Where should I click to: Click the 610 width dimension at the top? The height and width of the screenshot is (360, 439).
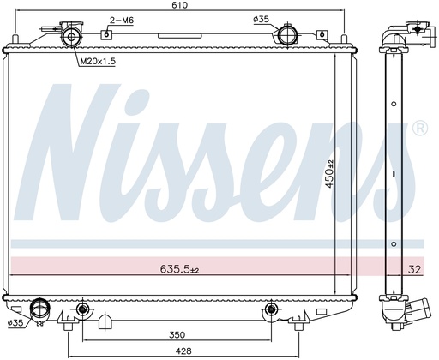[x=177, y=6]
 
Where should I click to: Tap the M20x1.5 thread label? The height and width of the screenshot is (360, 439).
[x=97, y=61]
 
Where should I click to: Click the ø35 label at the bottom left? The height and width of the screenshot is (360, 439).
[x=15, y=324]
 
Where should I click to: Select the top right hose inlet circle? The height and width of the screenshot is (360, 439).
[x=286, y=36]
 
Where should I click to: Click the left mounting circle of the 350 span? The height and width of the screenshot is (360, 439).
[x=82, y=309]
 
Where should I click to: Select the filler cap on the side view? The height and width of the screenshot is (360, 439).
[x=420, y=29]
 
